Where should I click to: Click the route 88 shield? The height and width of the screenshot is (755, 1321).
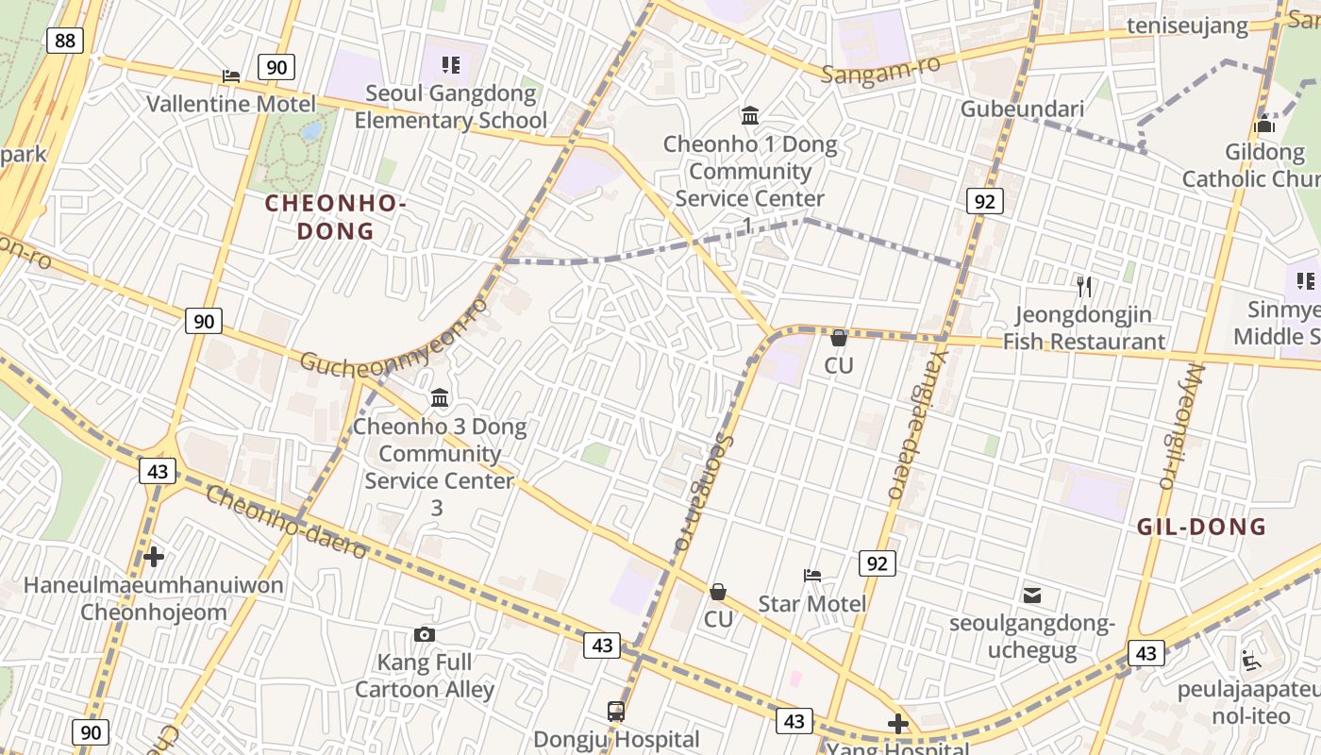coord(64,40)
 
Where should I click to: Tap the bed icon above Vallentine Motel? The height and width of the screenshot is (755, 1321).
coord(231,75)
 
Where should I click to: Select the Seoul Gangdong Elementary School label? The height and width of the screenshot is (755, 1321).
coord(450,107)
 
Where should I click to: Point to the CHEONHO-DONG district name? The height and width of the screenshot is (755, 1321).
coord(336,216)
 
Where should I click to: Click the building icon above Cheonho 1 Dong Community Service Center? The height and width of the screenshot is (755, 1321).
coord(750,116)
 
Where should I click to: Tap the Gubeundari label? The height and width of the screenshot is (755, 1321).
coord(1022,109)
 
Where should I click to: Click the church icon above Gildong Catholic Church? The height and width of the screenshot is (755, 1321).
coord(1264,125)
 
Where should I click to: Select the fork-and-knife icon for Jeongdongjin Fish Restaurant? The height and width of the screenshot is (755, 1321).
coord(1084,286)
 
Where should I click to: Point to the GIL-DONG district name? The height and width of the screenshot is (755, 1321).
coord(1201,527)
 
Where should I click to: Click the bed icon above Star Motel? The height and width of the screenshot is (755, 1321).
coord(812,575)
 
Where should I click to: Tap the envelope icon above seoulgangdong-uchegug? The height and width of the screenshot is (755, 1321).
coord(1032,595)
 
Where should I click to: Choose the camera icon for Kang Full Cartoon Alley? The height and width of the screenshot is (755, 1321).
coord(425,634)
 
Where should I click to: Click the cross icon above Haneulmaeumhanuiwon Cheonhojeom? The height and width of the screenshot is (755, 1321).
coord(154,557)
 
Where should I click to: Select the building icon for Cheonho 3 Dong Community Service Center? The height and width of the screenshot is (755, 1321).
coord(440,398)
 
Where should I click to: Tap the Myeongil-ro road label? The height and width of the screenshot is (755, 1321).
coord(1180,427)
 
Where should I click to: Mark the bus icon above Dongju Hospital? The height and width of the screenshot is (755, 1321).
coord(616,711)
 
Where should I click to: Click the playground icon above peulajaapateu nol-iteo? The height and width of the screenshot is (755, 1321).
coord(1251,660)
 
